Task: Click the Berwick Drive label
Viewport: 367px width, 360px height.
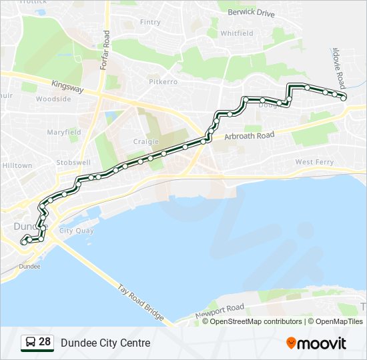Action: click(x=251, y=13)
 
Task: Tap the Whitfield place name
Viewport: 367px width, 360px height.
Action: click(x=237, y=33)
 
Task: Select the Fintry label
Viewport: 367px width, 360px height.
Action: click(x=150, y=22)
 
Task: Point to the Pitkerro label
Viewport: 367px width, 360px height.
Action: click(x=163, y=81)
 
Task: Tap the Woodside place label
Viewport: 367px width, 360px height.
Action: click(x=53, y=99)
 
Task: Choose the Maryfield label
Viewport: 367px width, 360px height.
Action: click(x=63, y=132)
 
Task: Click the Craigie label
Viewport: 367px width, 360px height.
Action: click(x=145, y=141)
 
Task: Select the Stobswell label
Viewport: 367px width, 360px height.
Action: click(x=73, y=162)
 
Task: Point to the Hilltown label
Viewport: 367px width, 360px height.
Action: click(x=17, y=165)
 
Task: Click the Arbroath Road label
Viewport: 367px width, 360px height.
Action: click(x=250, y=135)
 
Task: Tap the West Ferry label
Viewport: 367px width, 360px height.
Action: click(x=314, y=162)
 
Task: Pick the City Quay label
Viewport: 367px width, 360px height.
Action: click(x=76, y=231)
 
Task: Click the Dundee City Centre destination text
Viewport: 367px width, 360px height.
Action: click(x=105, y=343)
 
